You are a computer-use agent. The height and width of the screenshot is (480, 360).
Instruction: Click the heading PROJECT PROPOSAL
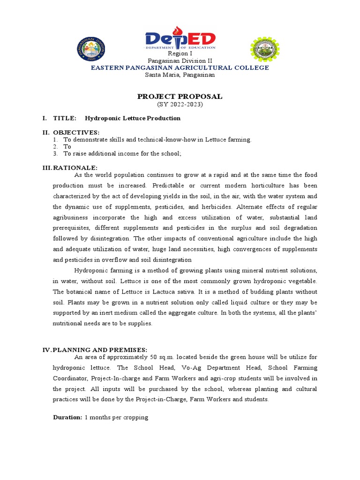[180, 97]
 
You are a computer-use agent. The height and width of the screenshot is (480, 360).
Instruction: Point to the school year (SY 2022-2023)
[180, 104]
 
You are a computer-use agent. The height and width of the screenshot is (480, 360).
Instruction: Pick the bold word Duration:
[67, 417]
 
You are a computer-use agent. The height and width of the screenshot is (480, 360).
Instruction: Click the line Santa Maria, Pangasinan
[180, 75]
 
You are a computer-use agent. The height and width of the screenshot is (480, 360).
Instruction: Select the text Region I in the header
[180, 54]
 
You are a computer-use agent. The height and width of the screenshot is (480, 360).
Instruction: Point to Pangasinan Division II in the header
[180, 61]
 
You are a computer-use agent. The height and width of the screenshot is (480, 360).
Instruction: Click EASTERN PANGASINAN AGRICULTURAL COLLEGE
[180, 68]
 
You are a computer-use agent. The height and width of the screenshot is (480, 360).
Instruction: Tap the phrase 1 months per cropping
[116, 417]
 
